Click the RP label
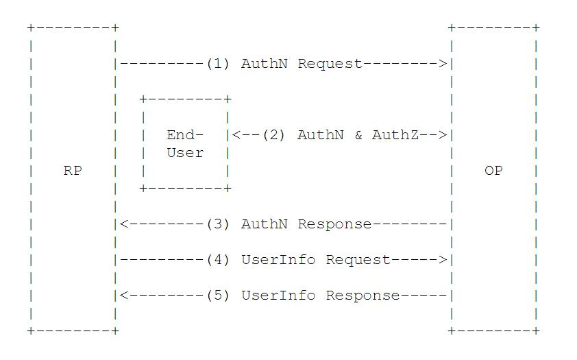(73, 171)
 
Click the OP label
(493, 171)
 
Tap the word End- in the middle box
(185, 135)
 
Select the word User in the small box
(185, 153)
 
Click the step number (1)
(217, 64)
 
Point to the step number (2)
(273, 135)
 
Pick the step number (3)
(217, 224)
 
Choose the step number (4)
(217, 260)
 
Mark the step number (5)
(217, 296)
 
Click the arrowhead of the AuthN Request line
(443, 64)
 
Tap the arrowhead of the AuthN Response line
(123, 224)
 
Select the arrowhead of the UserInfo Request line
(443, 260)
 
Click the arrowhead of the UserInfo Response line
(123, 296)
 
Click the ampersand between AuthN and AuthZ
(358, 135)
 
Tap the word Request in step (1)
(330, 64)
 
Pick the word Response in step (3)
(334, 224)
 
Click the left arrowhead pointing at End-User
(236, 135)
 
